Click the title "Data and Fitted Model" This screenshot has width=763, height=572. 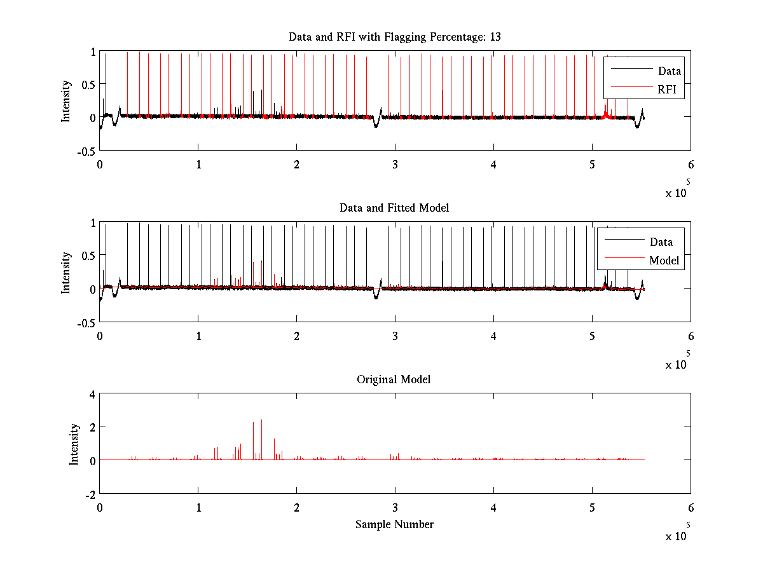click(394, 208)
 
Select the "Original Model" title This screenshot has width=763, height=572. click(394, 379)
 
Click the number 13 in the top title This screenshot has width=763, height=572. click(495, 37)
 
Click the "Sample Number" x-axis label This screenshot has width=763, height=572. click(394, 524)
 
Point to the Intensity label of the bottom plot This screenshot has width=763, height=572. click(75, 444)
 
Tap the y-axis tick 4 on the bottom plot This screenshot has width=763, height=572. click(92, 394)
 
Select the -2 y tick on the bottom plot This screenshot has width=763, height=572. click(90, 494)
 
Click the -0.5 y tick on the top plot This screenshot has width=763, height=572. click(86, 151)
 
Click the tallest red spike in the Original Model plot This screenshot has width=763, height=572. click(261, 421)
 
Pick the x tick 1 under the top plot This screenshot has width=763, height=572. click(198, 164)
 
